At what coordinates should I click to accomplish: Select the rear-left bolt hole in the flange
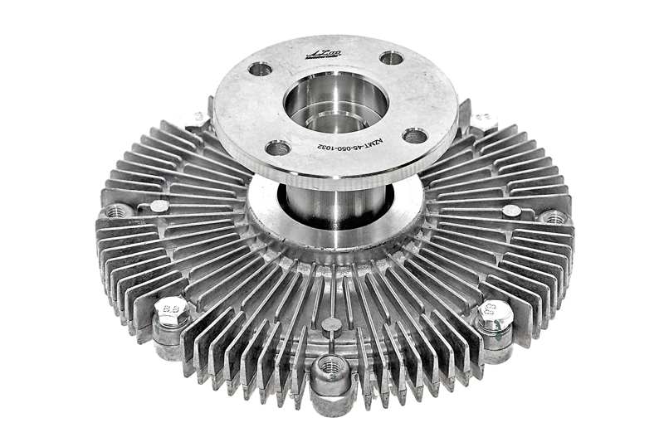coord(260,69)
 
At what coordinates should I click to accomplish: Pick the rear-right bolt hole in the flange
coord(391,59)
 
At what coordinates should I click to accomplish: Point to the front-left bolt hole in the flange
coord(278,148)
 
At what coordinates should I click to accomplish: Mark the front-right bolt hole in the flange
coord(415,135)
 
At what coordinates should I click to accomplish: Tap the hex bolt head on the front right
coord(495,316)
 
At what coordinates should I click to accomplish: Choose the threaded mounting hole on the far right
coord(554,217)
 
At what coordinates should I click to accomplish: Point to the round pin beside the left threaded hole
coord(159,206)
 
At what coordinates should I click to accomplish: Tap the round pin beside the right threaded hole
coord(512,211)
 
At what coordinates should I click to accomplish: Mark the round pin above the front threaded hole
coord(330,324)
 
